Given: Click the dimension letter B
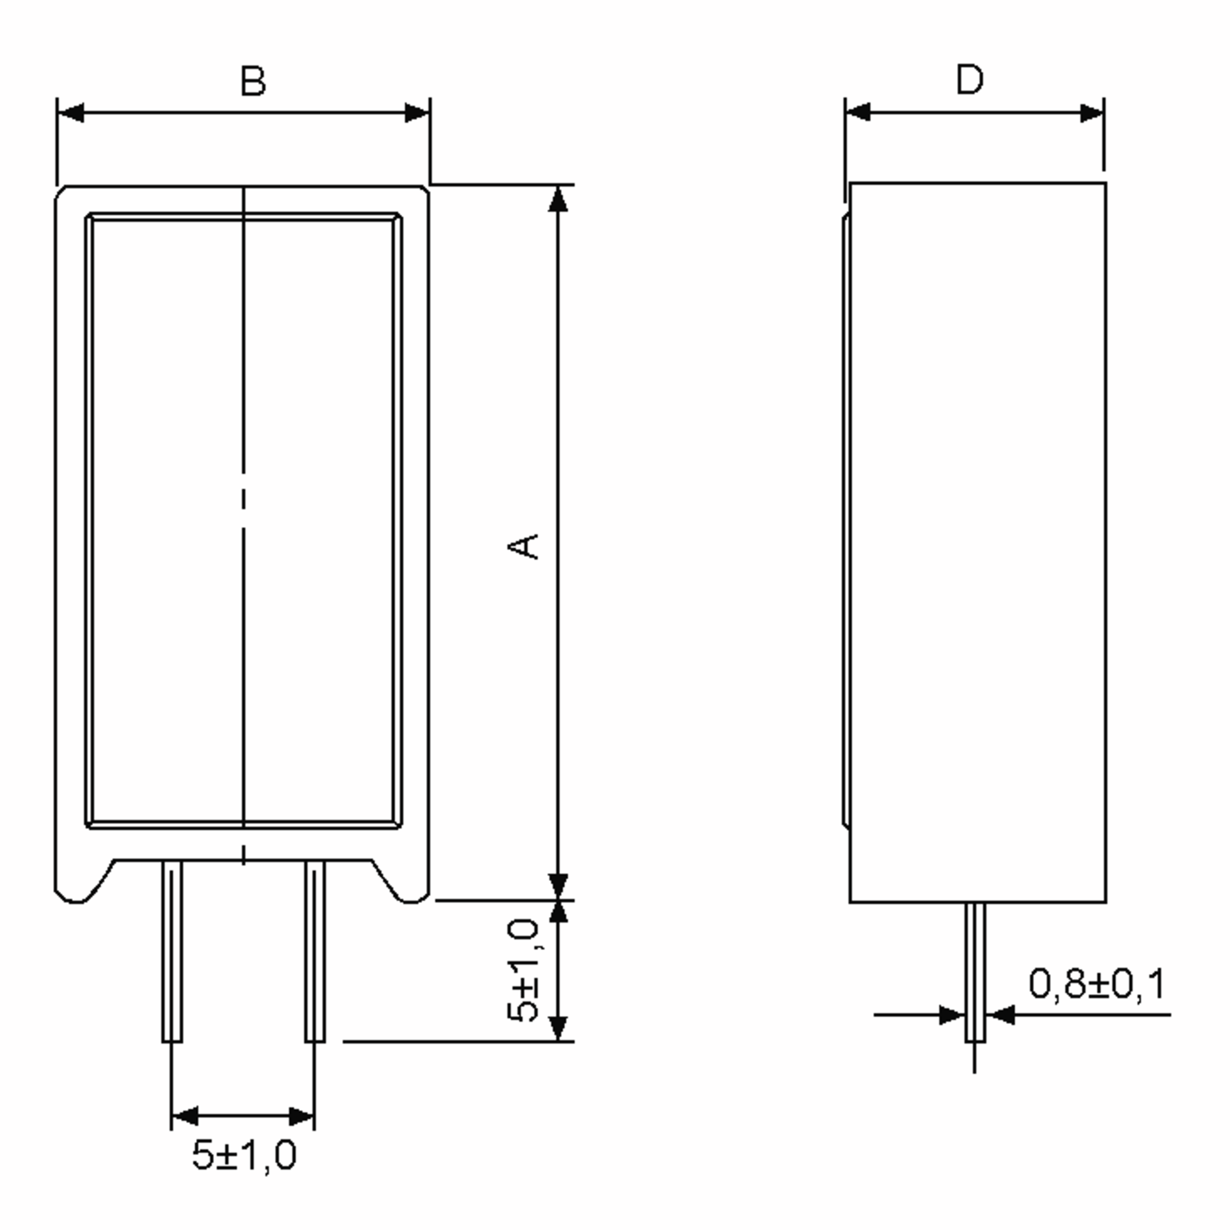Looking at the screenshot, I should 253,81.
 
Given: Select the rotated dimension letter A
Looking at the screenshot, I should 524,546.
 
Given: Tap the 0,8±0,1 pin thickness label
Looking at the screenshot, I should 1096,983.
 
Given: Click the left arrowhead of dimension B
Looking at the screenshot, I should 71,113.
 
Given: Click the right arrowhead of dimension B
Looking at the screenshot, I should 417,113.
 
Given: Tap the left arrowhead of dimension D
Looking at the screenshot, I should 857,113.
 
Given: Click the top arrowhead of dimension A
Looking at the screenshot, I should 558,199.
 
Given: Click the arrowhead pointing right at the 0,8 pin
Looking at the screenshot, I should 952,1015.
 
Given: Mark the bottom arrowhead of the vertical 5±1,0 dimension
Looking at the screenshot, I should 558,1028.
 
